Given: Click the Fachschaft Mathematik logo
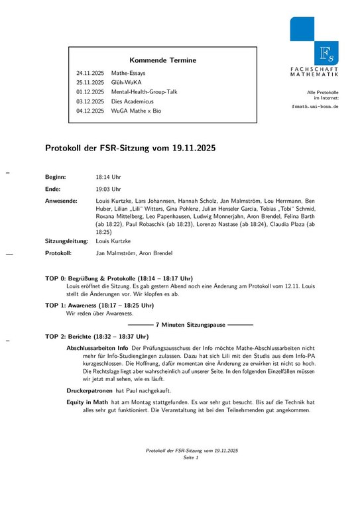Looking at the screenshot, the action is click(x=314, y=46).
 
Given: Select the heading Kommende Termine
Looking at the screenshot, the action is click(x=162, y=60).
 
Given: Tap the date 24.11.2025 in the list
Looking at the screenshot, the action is click(x=90, y=73).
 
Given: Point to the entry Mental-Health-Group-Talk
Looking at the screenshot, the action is click(x=145, y=91).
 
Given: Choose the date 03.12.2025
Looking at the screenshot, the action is click(x=90, y=101).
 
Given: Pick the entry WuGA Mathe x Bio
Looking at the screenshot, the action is click(x=136, y=111).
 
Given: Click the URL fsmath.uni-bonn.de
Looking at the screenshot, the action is click(x=315, y=106).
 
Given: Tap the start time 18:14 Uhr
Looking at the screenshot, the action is click(x=108, y=178).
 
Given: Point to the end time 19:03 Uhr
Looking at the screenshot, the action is click(x=108, y=189).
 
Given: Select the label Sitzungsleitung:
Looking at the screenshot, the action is click(x=67, y=241).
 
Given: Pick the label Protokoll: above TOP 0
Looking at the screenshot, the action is click(x=59, y=253).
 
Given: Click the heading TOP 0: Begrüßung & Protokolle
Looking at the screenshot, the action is click(x=119, y=278).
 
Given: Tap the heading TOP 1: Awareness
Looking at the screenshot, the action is click(x=99, y=306).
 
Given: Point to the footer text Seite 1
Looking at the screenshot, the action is click(x=192, y=457).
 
